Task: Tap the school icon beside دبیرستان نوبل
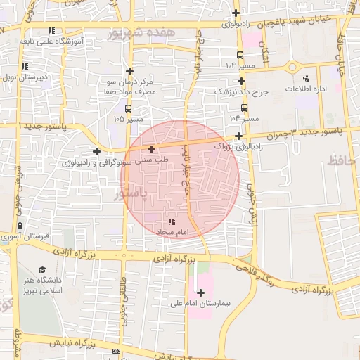(x=25, y=67)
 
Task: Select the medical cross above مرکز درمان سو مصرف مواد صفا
(x=129, y=71)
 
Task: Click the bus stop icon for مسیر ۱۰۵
(x=128, y=108)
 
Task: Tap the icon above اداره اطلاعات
(x=305, y=79)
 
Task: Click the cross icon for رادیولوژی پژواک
(x=239, y=136)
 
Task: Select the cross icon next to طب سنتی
(x=151, y=149)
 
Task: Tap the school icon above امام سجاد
(x=172, y=221)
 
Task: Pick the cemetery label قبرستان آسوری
(x=45, y=237)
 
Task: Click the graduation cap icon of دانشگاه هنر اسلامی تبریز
(x=41, y=270)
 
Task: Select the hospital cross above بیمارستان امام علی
(x=201, y=292)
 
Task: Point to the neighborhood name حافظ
(x=343, y=162)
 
